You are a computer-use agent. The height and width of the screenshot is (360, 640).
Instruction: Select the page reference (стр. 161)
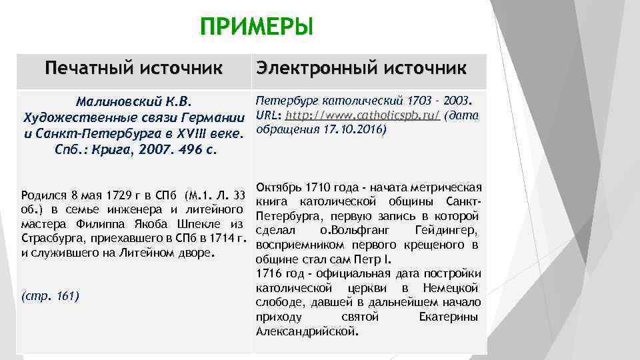[x=51, y=295]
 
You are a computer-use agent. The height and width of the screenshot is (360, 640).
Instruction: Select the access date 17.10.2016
[x=352, y=129]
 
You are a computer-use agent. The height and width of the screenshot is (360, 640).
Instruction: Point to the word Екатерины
[x=449, y=316]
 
